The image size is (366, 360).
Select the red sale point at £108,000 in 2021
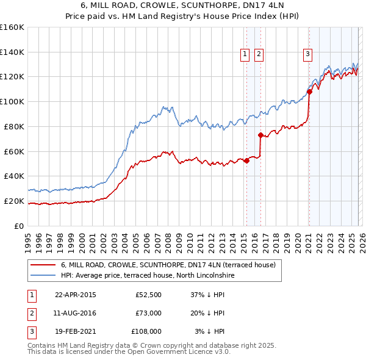pyautogui.click(x=309, y=92)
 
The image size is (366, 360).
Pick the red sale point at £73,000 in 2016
pyautogui.click(x=260, y=135)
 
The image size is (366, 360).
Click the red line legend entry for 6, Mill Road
pyautogui.click(x=168, y=265)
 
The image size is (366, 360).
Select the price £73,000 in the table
pyautogui.click(x=148, y=313)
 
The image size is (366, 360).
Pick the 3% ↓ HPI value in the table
pyautogui.click(x=209, y=331)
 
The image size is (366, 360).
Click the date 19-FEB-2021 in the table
pyautogui.click(x=75, y=331)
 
